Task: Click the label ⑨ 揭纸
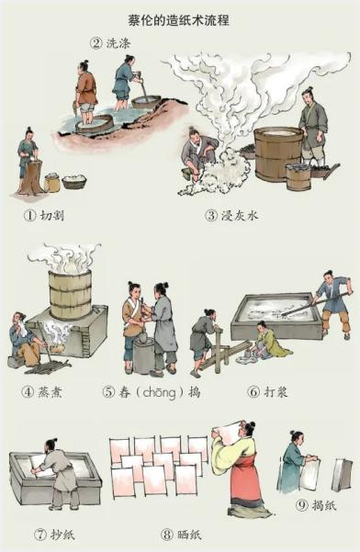(x=315, y=504)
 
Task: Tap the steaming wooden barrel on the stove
(x=71, y=292)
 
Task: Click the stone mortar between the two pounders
(x=144, y=355)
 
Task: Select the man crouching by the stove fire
(x=22, y=338)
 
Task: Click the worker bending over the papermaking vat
(x=61, y=473)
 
